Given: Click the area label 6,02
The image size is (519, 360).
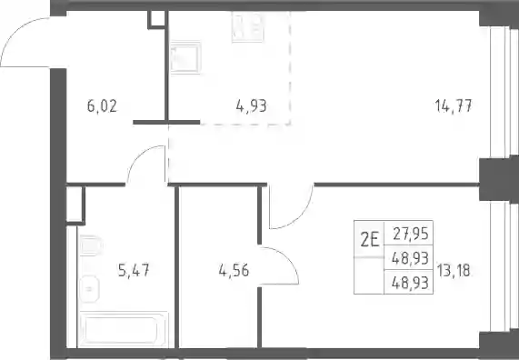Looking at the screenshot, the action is [102, 106].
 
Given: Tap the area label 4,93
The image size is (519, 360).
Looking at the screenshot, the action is [251, 106].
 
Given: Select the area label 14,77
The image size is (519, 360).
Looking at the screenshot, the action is [454, 106].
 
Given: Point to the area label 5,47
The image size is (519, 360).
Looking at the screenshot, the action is [134, 271].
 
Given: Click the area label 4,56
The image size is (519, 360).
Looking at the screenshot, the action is [234, 271].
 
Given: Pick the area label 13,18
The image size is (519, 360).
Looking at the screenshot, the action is [454, 271].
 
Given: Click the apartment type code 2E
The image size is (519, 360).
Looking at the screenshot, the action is [369, 240].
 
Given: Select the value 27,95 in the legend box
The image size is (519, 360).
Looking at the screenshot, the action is [411, 235].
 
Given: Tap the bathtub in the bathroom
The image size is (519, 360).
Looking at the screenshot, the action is [123, 329].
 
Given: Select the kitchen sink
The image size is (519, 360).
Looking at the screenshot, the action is [185, 57].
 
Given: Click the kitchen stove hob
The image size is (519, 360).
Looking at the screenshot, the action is [247, 27].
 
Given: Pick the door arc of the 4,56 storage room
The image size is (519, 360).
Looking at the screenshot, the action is [288, 259].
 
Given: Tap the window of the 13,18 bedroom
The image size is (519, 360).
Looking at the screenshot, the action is [501, 267].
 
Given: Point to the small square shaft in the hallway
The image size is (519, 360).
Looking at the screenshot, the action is [156, 19].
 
